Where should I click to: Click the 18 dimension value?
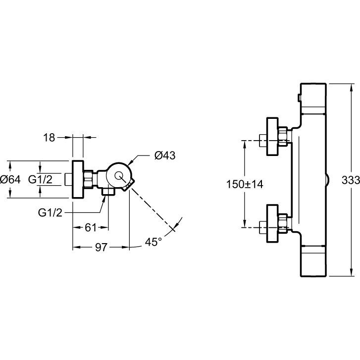coord(49,138)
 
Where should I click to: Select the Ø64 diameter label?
coord(10,179)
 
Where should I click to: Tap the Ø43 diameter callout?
coord(165,155)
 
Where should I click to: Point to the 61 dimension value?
coord(91,227)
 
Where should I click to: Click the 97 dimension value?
coord(101,247)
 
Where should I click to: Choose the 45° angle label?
coord(153,242)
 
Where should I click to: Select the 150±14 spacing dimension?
coord(245,184)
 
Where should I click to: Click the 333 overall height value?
coord(351,180)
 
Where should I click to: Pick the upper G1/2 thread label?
coord(41,179)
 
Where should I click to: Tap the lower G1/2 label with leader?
coord(50,213)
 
